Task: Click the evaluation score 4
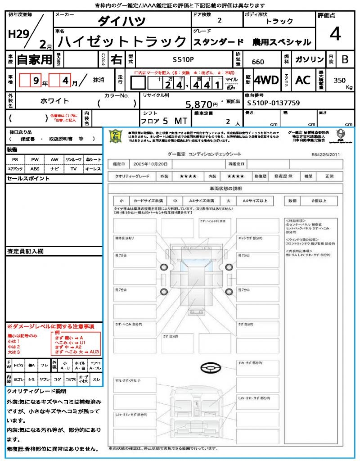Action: [335, 34]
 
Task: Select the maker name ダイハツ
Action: [122, 21]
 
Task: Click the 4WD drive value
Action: [266, 80]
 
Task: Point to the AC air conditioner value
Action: [303, 80]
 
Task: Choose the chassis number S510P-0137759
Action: [273, 103]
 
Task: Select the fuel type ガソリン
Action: [309, 59]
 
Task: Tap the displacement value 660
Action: [258, 62]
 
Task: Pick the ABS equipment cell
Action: [35, 169]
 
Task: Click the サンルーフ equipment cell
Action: [74, 160]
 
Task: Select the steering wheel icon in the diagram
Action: [211, 368]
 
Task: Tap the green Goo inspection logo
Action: [116, 136]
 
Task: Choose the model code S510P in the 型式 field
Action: [184, 59]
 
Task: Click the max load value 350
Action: [339, 80]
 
